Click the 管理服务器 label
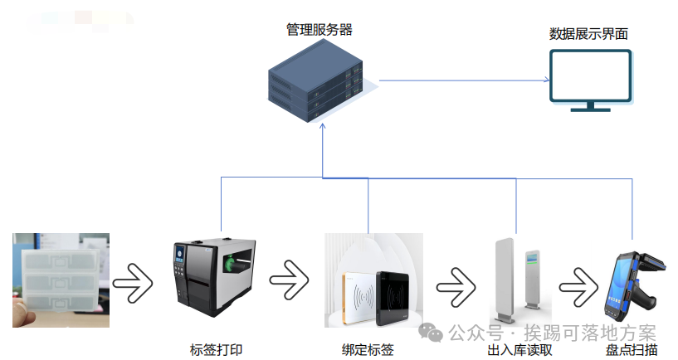coord(319,30)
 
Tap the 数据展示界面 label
coord(588,34)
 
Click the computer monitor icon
coord(591,80)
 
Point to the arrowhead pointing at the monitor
coord(545,81)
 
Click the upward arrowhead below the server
coord(322,133)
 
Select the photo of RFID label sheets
coord(61,280)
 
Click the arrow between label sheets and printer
coord(133,284)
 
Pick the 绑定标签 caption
coord(368,350)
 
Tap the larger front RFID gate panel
coord(505,282)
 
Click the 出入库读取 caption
coord(519,350)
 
